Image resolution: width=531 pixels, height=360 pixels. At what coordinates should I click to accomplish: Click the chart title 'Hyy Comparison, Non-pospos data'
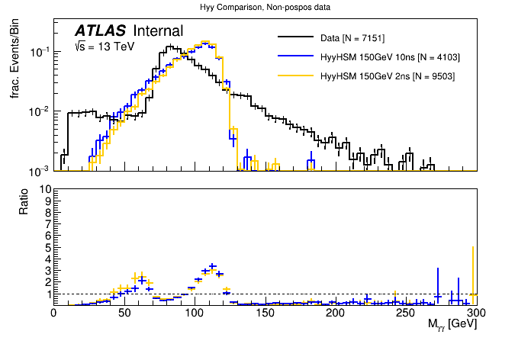pyautogui.click(x=265, y=7)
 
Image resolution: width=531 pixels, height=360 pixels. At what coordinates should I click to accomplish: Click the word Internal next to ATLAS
pyautogui.click(x=158, y=31)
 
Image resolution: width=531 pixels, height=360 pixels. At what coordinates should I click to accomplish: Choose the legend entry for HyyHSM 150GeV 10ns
pyautogui.click(x=390, y=57)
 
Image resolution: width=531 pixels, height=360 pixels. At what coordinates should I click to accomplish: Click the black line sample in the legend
pyautogui.click(x=296, y=37)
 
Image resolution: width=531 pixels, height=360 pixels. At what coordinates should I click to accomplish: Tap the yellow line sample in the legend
pyautogui.click(x=296, y=76)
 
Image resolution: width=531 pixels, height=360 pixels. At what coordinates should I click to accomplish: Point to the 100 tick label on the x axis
pyautogui.click(x=195, y=313)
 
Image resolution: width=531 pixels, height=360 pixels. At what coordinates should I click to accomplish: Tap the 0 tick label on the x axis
pyautogui.click(x=53, y=313)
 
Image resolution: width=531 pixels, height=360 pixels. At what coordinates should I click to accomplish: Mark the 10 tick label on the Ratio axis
pyautogui.click(x=44, y=188)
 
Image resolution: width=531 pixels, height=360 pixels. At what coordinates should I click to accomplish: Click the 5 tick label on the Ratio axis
pyautogui.click(x=47, y=247)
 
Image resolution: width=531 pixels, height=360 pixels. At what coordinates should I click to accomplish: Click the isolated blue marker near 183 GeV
pyautogui.click(x=311, y=162)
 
